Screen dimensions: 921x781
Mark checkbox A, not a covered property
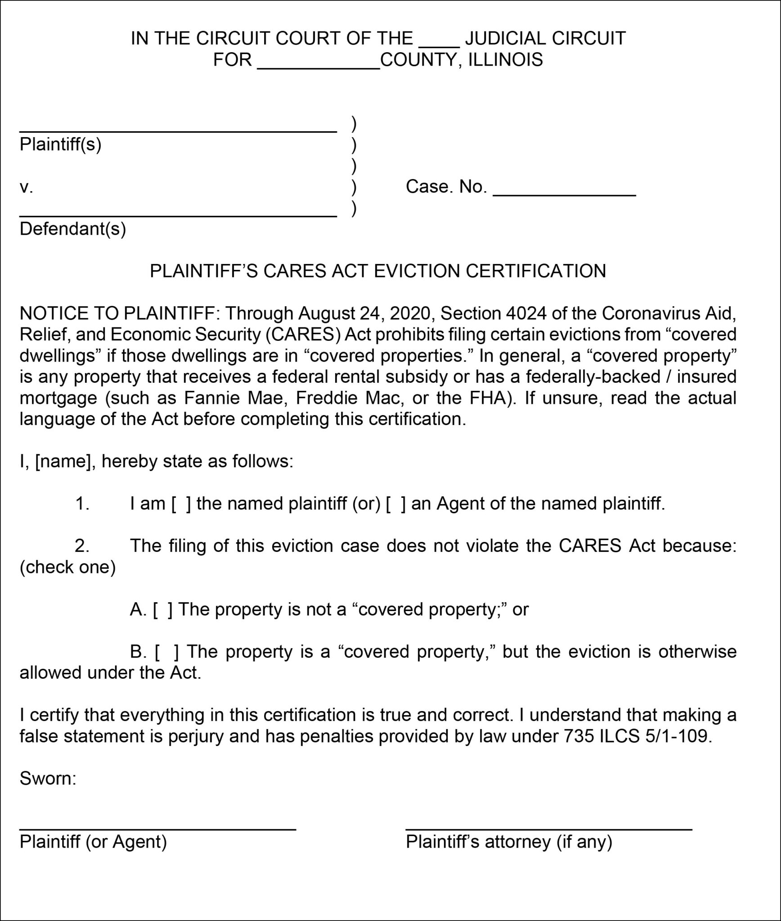point(162,610)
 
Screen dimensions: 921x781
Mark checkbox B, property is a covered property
point(166,652)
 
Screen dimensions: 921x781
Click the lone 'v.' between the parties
point(26,187)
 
